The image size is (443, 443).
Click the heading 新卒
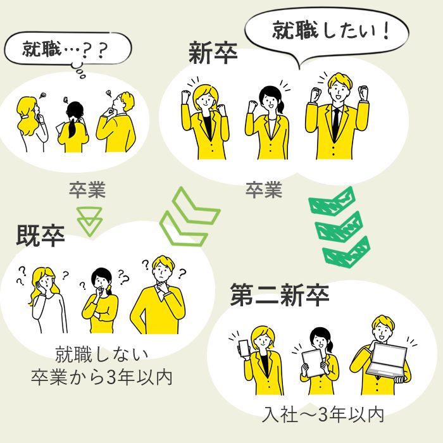point(213,53)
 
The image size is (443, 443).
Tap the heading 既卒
point(41,235)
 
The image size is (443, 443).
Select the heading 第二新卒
point(280,295)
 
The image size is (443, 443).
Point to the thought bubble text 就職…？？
point(65,49)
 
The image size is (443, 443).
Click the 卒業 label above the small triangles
point(87,190)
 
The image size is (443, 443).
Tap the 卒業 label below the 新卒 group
point(264,190)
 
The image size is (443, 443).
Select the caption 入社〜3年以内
point(323,415)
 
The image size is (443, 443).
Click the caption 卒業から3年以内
point(102,377)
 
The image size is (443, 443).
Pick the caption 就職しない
point(102,354)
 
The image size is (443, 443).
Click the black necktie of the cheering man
point(335,123)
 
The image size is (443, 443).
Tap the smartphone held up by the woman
point(244,348)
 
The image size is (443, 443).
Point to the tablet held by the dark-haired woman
point(313,363)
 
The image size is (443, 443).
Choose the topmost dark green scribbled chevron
point(332,201)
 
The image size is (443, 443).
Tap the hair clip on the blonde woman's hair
point(25,116)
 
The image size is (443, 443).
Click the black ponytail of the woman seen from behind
point(72,128)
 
